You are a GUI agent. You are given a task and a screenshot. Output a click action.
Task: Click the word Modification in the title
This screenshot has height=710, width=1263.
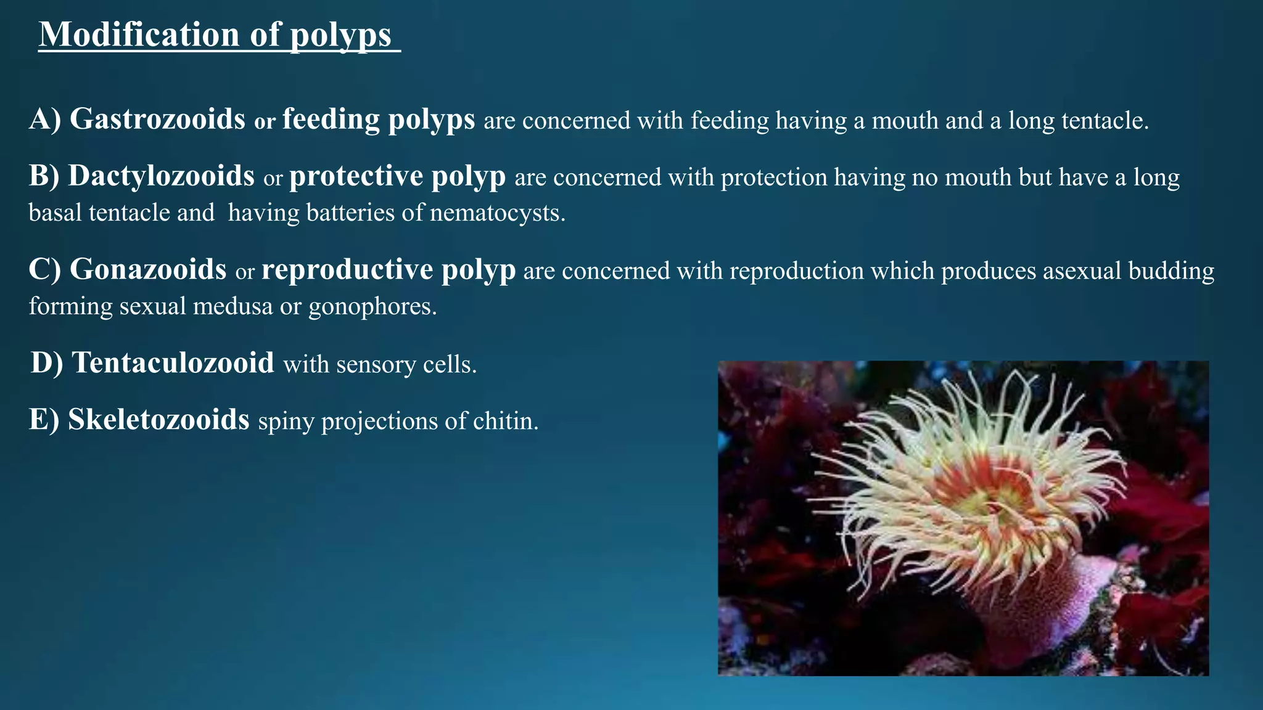[x=139, y=35]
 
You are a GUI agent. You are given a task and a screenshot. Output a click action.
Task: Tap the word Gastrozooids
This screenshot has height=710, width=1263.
[x=157, y=119]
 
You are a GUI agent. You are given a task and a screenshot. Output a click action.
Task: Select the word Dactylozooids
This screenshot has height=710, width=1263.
[x=161, y=176]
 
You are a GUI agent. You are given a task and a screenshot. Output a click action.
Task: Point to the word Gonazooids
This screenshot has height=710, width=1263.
[x=148, y=270]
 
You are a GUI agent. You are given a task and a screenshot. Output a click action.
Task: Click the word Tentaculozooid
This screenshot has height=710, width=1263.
[x=173, y=363]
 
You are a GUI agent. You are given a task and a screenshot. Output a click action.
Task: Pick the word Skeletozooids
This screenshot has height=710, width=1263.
[x=158, y=420]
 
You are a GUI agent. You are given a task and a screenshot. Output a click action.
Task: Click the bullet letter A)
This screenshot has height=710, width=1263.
[x=44, y=119]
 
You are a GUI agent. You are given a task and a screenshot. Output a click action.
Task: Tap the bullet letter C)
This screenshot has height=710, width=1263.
[x=44, y=270]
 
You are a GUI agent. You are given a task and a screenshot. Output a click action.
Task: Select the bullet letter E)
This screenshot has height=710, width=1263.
[x=44, y=420]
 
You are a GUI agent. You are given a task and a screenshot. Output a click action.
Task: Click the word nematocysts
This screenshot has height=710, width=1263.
[x=497, y=213]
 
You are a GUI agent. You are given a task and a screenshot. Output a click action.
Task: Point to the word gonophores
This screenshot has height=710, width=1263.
[x=372, y=306]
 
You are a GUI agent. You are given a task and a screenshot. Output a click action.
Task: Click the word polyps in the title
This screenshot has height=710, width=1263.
[x=340, y=36]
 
